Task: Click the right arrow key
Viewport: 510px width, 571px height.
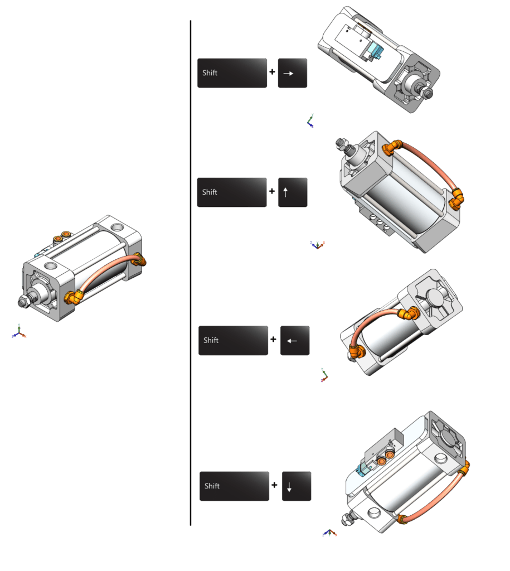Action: [293, 72]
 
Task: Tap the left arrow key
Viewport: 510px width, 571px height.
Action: [294, 340]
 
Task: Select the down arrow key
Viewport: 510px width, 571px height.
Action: [296, 486]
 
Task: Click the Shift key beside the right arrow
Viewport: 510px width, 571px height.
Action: [232, 72]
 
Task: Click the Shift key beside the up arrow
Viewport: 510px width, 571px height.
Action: [232, 192]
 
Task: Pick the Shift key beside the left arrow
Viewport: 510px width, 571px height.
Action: [233, 340]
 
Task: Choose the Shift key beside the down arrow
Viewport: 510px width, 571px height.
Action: [234, 486]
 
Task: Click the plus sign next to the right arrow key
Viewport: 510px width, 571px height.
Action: [273, 72]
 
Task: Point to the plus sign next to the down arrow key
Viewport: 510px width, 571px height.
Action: [274, 485]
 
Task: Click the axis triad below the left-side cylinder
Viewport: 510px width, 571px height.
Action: [18, 332]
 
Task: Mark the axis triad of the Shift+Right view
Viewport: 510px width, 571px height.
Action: [310, 121]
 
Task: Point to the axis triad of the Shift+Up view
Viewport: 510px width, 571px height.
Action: [318, 244]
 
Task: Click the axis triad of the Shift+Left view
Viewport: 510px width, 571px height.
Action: [324, 375]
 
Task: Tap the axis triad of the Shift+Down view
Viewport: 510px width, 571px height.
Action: [329, 533]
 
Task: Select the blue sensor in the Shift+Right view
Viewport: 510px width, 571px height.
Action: [373, 53]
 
